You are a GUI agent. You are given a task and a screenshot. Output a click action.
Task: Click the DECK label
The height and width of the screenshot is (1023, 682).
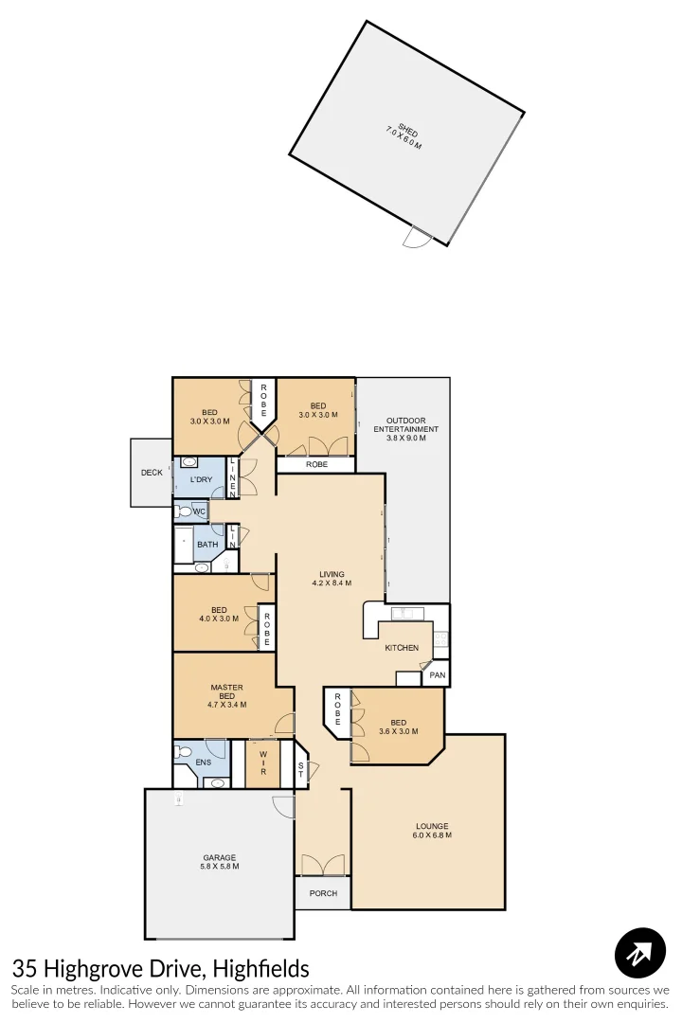click(x=152, y=473)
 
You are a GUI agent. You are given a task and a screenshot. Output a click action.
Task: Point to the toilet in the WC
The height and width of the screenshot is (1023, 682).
click(x=184, y=511)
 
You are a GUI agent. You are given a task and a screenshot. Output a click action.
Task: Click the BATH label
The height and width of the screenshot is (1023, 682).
click(x=207, y=545)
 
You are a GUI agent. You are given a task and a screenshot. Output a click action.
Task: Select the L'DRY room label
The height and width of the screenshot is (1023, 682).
click(x=201, y=480)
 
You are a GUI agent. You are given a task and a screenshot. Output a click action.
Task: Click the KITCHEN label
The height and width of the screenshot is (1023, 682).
click(x=402, y=648)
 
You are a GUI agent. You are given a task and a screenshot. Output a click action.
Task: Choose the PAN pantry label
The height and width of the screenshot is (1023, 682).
click(x=437, y=675)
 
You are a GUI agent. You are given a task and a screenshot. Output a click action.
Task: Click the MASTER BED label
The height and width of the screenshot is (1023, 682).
click(x=226, y=695)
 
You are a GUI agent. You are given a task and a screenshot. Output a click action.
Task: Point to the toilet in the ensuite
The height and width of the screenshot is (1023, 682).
click(x=183, y=755)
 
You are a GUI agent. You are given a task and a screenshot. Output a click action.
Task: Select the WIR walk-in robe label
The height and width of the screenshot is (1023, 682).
click(x=262, y=763)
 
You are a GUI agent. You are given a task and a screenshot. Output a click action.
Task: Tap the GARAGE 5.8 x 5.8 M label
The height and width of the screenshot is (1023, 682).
click(x=219, y=862)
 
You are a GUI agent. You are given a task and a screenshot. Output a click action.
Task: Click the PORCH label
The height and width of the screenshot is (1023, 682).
click(x=323, y=893)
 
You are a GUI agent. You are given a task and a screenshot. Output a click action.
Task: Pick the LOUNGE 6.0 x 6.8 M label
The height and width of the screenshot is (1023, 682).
click(x=431, y=831)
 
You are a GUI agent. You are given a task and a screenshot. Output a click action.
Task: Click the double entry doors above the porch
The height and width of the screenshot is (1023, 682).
click(x=323, y=865)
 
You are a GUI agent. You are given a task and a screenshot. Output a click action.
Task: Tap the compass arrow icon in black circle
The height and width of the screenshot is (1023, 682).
click(x=640, y=953)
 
